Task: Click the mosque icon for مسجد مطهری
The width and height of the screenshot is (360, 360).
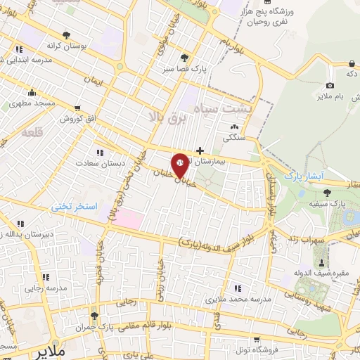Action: (32, 93)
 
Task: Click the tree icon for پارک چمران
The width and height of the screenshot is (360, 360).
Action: (94, 316)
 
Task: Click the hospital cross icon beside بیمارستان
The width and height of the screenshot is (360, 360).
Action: (200, 150)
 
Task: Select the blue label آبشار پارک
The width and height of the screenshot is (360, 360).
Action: (302, 176)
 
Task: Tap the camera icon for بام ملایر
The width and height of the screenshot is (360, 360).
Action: (330, 85)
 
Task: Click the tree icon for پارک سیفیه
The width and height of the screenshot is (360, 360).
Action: (326, 191)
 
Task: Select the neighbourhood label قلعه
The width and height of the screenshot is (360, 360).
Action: (33, 132)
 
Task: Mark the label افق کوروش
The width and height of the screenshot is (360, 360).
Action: (77, 118)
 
